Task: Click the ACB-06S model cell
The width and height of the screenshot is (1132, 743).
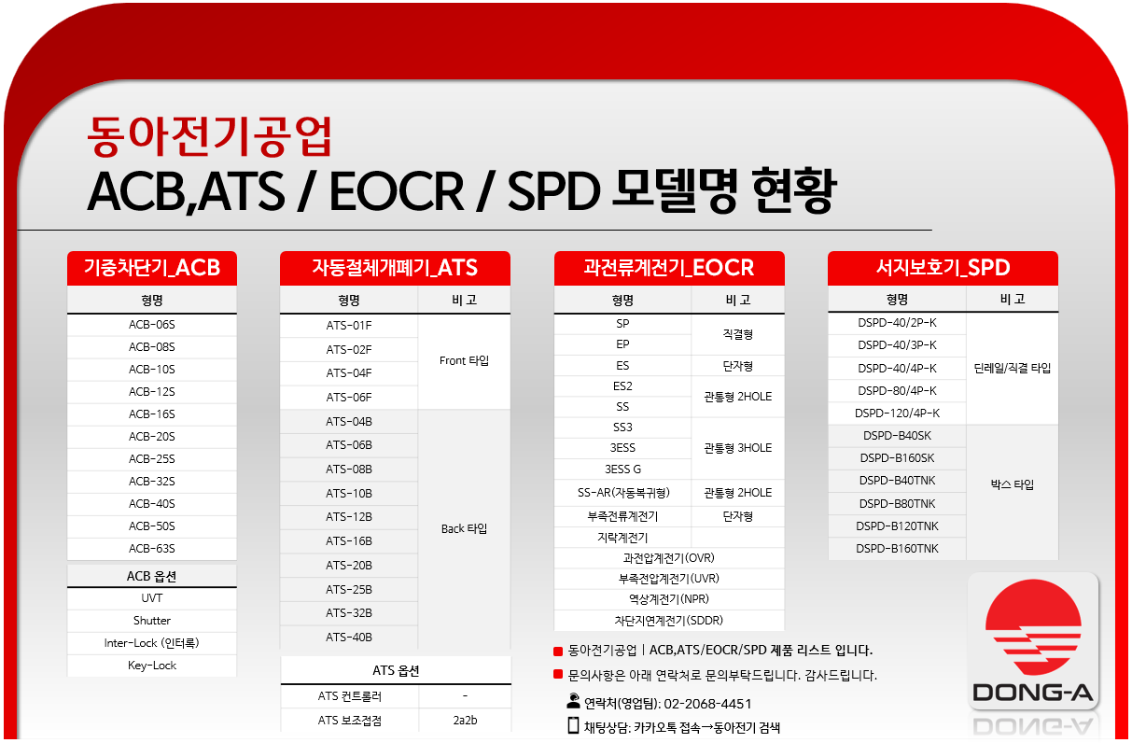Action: [151, 325]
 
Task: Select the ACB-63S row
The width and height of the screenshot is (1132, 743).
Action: [151, 549]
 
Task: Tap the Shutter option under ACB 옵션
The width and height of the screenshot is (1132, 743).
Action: [151, 620]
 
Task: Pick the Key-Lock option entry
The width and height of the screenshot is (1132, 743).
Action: [151, 666]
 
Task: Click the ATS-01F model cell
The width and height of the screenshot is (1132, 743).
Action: [349, 326]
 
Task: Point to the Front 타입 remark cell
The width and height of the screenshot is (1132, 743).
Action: [464, 361]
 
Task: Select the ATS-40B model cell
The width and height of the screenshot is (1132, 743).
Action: [349, 637]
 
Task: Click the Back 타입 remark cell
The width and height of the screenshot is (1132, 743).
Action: [464, 528]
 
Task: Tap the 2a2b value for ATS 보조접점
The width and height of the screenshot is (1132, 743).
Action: [465, 720]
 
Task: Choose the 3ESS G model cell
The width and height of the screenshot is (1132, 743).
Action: [622, 470]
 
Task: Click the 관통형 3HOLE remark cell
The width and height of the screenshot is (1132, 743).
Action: [738, 448]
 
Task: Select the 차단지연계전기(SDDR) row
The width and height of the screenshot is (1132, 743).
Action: [669, 620]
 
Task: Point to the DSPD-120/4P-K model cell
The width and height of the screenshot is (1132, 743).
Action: [897, 413]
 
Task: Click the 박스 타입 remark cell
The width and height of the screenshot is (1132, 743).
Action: [1013, 485]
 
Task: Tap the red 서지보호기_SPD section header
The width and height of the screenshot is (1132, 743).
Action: [943, 268]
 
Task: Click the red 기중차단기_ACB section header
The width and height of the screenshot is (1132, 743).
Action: [151, 268]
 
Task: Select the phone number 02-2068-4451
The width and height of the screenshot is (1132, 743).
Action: [707, 704]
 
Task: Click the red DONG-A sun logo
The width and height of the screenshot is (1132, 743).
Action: [1033, 626]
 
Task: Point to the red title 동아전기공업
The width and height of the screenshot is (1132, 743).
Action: [209, 136]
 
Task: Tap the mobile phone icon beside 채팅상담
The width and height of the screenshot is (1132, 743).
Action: [573, 726]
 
